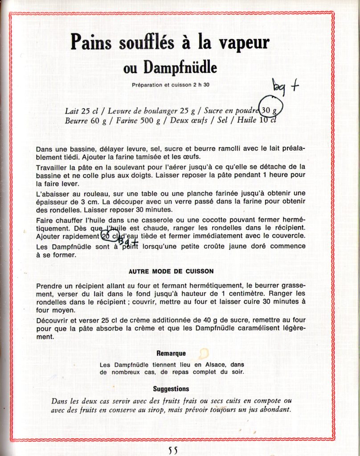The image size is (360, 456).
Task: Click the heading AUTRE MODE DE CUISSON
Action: point(171,271)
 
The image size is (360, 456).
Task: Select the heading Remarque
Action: point(171,354)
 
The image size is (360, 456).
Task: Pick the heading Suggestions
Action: point(171,389)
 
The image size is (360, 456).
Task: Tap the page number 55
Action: point(173,450)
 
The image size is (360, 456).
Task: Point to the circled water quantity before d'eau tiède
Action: point(110,236)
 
